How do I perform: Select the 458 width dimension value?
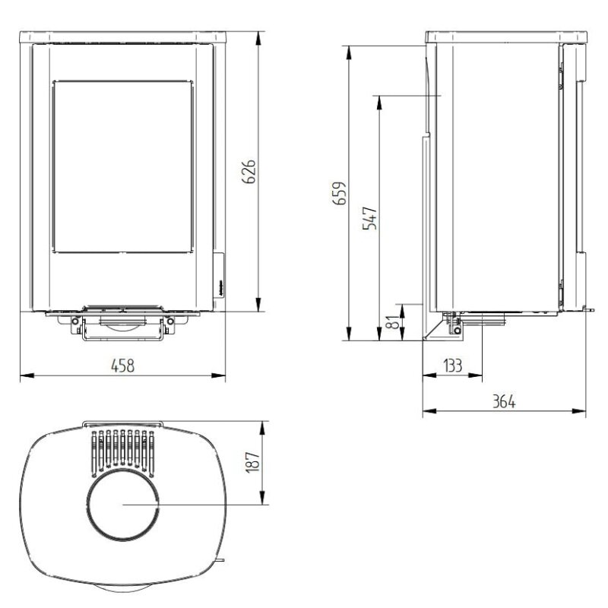(x=122, y=366)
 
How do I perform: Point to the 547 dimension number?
(x=370, y=218)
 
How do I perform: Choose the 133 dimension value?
(x=452, y=366)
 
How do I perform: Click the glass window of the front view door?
(x=122, y=166)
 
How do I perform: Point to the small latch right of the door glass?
(x=217, y=274)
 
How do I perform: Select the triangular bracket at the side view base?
(x=437, y=328)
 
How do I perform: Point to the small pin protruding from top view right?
(x=220, y=562)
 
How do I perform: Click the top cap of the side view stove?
(x=506, y=36)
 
